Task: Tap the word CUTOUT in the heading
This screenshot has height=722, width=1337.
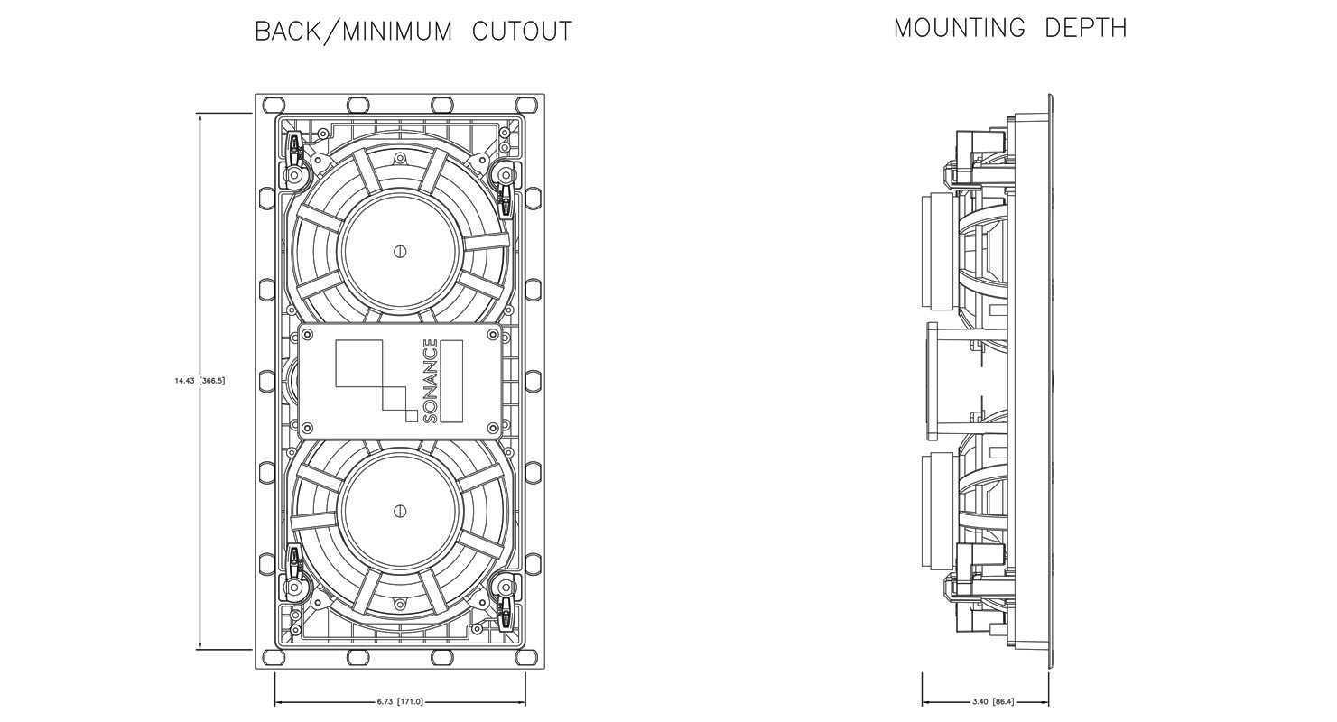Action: pos(522,31)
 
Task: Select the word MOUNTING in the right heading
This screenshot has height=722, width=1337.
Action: pos(960,28)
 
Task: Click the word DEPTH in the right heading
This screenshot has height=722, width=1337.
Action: pos(1086,28)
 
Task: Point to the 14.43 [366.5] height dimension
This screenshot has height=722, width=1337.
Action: pos(200,380)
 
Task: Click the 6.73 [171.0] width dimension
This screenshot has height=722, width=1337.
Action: pos(400,701)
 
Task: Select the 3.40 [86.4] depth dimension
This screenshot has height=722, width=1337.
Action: pos(993,701)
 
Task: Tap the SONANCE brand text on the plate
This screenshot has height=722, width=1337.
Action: pos(430,381)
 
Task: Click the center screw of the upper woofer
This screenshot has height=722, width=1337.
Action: pos(401,251)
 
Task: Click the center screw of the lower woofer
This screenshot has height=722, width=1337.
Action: pos(401,511)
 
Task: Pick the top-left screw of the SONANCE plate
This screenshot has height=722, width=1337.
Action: pos(308,334)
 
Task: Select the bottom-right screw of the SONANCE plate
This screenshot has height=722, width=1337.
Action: pos(493,428)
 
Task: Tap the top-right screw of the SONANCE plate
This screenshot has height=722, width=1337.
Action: pos(493,334)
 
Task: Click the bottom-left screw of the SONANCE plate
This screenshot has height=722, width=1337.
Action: pos(308,428)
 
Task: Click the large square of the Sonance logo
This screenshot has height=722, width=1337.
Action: pos(358,364)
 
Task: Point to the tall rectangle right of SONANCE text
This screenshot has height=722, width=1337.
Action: pos(451,381)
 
